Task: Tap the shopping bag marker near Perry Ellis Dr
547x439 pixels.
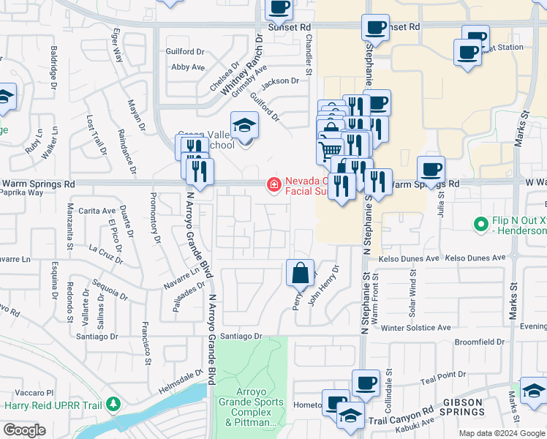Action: pyautogui.click(x=300, y=274)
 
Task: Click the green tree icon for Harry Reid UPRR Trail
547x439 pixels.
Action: pyautogui.click(x=113, y=404)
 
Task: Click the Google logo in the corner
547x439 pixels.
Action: pyautogui.click(x=23, y=430)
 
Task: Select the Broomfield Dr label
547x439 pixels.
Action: pyautogui.click(x=480, y=342)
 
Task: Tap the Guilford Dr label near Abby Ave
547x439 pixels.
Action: pyautogui.click(x=185, y=52)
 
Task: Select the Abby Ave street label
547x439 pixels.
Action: pyautogui.click(x=187, y=67)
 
